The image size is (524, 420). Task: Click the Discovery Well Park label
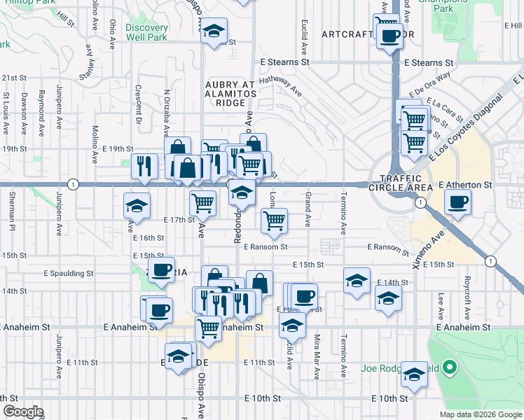click(146, 32)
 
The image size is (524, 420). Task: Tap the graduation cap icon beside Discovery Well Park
click(214, 31)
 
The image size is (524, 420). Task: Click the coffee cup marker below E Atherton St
click(457, 202)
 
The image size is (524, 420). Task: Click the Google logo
click(22, 412)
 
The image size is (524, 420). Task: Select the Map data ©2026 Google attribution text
click(480, 414)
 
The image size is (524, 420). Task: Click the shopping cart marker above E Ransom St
click(274, 220)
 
